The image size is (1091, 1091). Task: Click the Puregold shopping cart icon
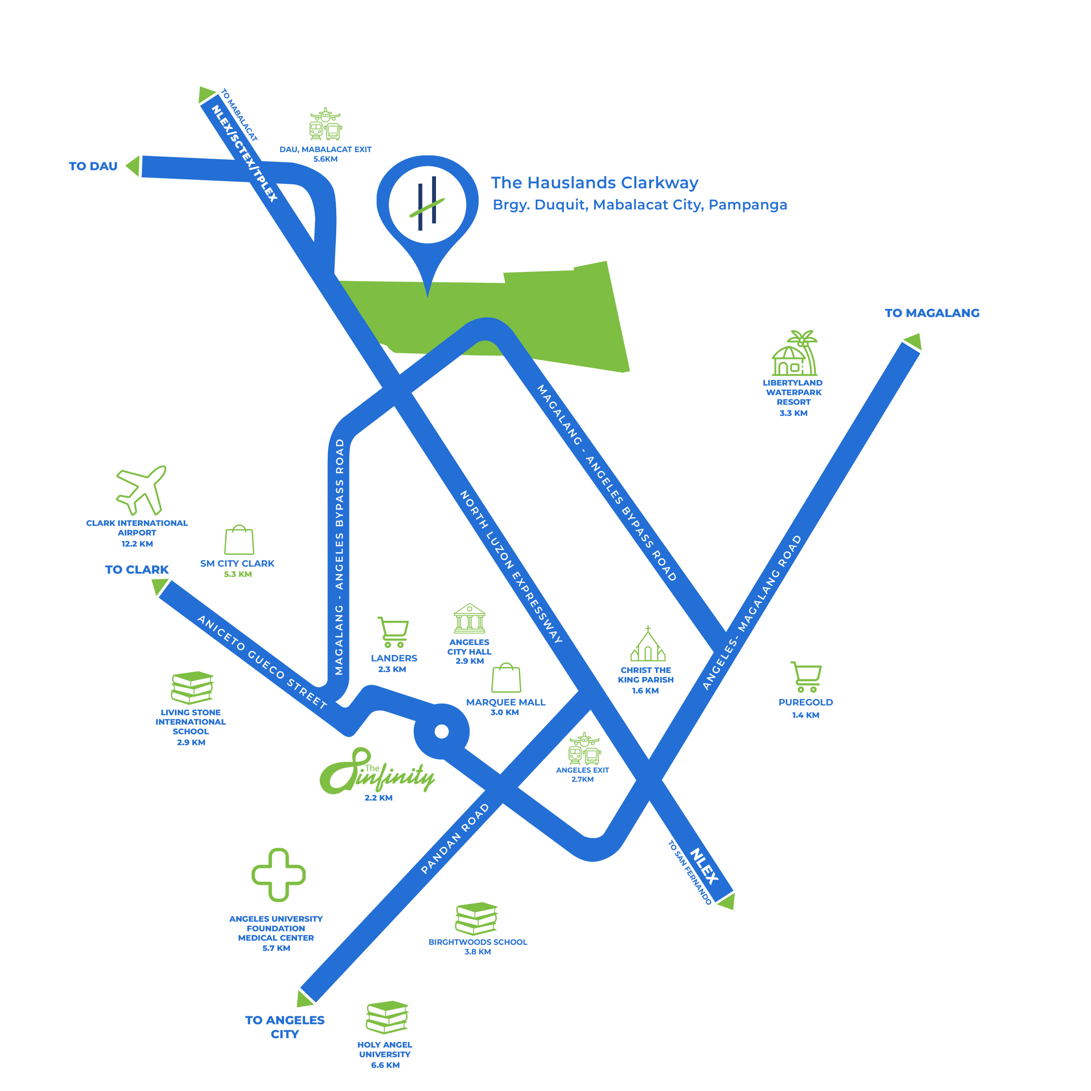click(806, 676)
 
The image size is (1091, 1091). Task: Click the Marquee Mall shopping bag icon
click(506, 678)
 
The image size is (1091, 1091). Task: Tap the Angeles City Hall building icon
click(469, 618)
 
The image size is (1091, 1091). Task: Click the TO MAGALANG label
click(932, 313)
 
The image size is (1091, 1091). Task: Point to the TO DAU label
click(93, 166)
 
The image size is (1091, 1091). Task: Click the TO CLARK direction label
click(137, 569)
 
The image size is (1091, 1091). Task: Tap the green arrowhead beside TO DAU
click(133, 166)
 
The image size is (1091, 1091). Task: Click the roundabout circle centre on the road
click(442, 732)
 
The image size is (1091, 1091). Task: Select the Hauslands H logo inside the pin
click(427, 203)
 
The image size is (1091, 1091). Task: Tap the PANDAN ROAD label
click(455, 839)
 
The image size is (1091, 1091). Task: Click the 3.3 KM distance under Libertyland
click(794, 413)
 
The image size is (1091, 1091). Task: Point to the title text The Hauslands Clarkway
click(594, 182)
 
